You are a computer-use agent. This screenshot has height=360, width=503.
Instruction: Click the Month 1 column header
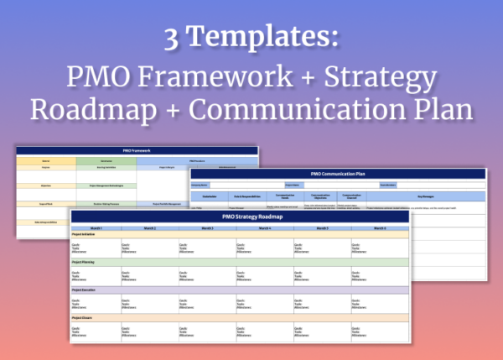coord(99,228)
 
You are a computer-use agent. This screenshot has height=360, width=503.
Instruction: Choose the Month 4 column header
coord(265,228)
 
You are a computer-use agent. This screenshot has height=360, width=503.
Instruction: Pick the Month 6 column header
coord(379,228)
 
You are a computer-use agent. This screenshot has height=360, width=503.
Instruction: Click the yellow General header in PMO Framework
coord(47,159)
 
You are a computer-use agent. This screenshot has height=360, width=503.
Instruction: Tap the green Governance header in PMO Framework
coord(107,159)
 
